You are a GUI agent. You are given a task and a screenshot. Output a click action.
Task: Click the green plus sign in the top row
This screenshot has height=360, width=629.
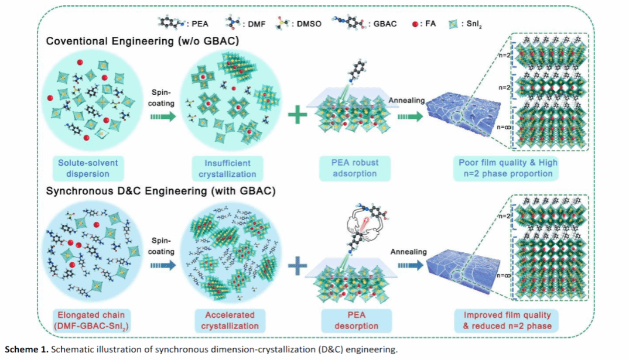(298, 115)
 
